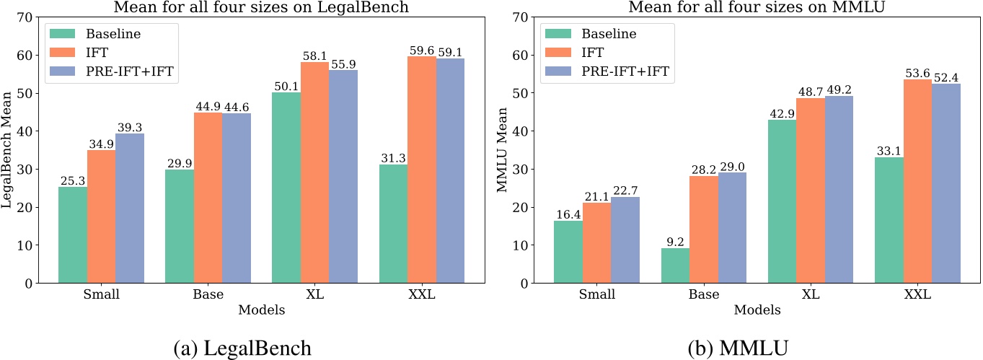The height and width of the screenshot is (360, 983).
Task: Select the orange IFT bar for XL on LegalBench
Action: click(315, 172)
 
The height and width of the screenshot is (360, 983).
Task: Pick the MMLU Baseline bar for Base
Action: click(675, 265)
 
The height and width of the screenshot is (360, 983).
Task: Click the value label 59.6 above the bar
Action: click(422, 51)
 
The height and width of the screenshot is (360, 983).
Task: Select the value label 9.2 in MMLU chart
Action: click(675, 242)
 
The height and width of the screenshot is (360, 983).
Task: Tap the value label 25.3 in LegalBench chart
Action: click(73, 181)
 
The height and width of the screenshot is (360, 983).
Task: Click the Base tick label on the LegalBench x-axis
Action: click(208, 294)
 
